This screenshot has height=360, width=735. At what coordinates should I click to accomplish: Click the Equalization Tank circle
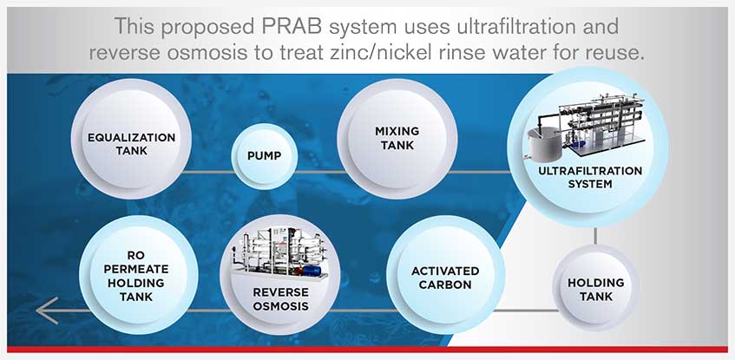pyautogui.click(x=131, y=139)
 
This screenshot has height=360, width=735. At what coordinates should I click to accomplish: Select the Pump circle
pyautogui.click(x=265, y=156)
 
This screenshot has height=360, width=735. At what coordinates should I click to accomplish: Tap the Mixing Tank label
pyautogui.click(x=397, y=138)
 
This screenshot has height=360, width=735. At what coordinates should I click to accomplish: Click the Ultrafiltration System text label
pyautogui.click(x=590, y=177)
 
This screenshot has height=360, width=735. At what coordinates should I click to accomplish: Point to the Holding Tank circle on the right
pyautogui.click(x=596, y=288)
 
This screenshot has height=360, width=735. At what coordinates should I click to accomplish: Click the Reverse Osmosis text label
pyautogui.click(x=280, y=299)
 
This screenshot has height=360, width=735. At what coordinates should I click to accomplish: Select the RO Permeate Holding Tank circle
pyautogui.click(x=138, y=275)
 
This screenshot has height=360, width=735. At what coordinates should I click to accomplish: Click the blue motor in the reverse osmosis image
pyautogui.click(x=311, y=271)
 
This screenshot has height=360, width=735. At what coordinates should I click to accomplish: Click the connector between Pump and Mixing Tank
pyautogui.click(x=318, y=172)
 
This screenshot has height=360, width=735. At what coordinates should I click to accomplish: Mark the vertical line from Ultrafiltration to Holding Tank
pyautogui.click(x=595, y=236)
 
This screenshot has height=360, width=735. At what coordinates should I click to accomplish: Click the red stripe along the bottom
pyautogui.click(x=368, y=350)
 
